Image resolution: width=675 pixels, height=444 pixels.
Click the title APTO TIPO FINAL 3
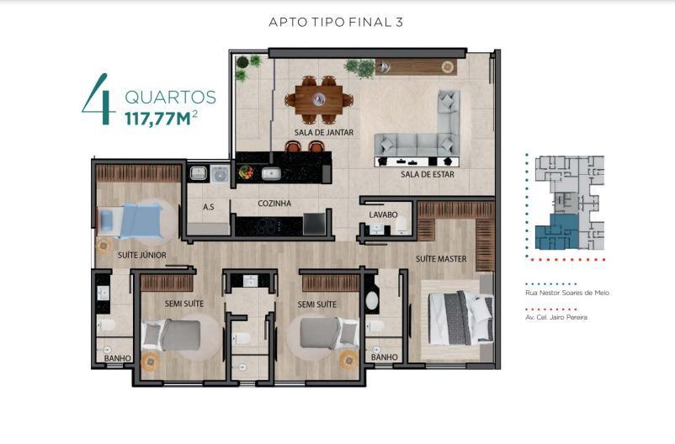click(x=336, y=22)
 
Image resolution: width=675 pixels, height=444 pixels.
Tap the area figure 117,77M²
click(x=162, y=118)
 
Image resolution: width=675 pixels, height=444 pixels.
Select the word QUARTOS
click(x=171, y=98)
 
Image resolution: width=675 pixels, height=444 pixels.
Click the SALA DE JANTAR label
click(x=324, y=133)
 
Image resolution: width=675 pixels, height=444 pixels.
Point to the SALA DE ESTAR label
click(x=428, y=174)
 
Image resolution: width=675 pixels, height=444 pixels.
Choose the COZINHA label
click(x=274, y=203)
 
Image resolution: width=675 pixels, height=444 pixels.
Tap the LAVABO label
click(x=383, y=214)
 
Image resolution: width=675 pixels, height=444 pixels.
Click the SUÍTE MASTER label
click(x=441, y=258)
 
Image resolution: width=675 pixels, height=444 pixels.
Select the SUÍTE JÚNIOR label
click(x=142, y=255)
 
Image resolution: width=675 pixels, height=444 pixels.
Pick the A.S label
click(x=209, y=207)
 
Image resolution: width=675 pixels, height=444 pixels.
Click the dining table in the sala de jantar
click(x=319, y=100)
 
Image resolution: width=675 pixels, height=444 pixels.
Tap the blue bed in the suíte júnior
click(x=131, y=220)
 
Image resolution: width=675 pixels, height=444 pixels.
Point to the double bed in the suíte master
click(x=461, y=319)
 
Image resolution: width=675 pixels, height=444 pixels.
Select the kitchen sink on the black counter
click(x=271, y=174)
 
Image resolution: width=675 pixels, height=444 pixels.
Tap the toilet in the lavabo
click(x=401, y=225)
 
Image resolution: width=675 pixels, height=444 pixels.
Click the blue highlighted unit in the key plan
click(x=555, y=232)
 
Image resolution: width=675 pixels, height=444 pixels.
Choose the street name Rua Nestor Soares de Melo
click(x=567, y=293)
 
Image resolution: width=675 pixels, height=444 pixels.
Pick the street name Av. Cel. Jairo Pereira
click(x=556, y=317)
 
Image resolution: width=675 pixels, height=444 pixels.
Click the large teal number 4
click(x=99, y=100)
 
